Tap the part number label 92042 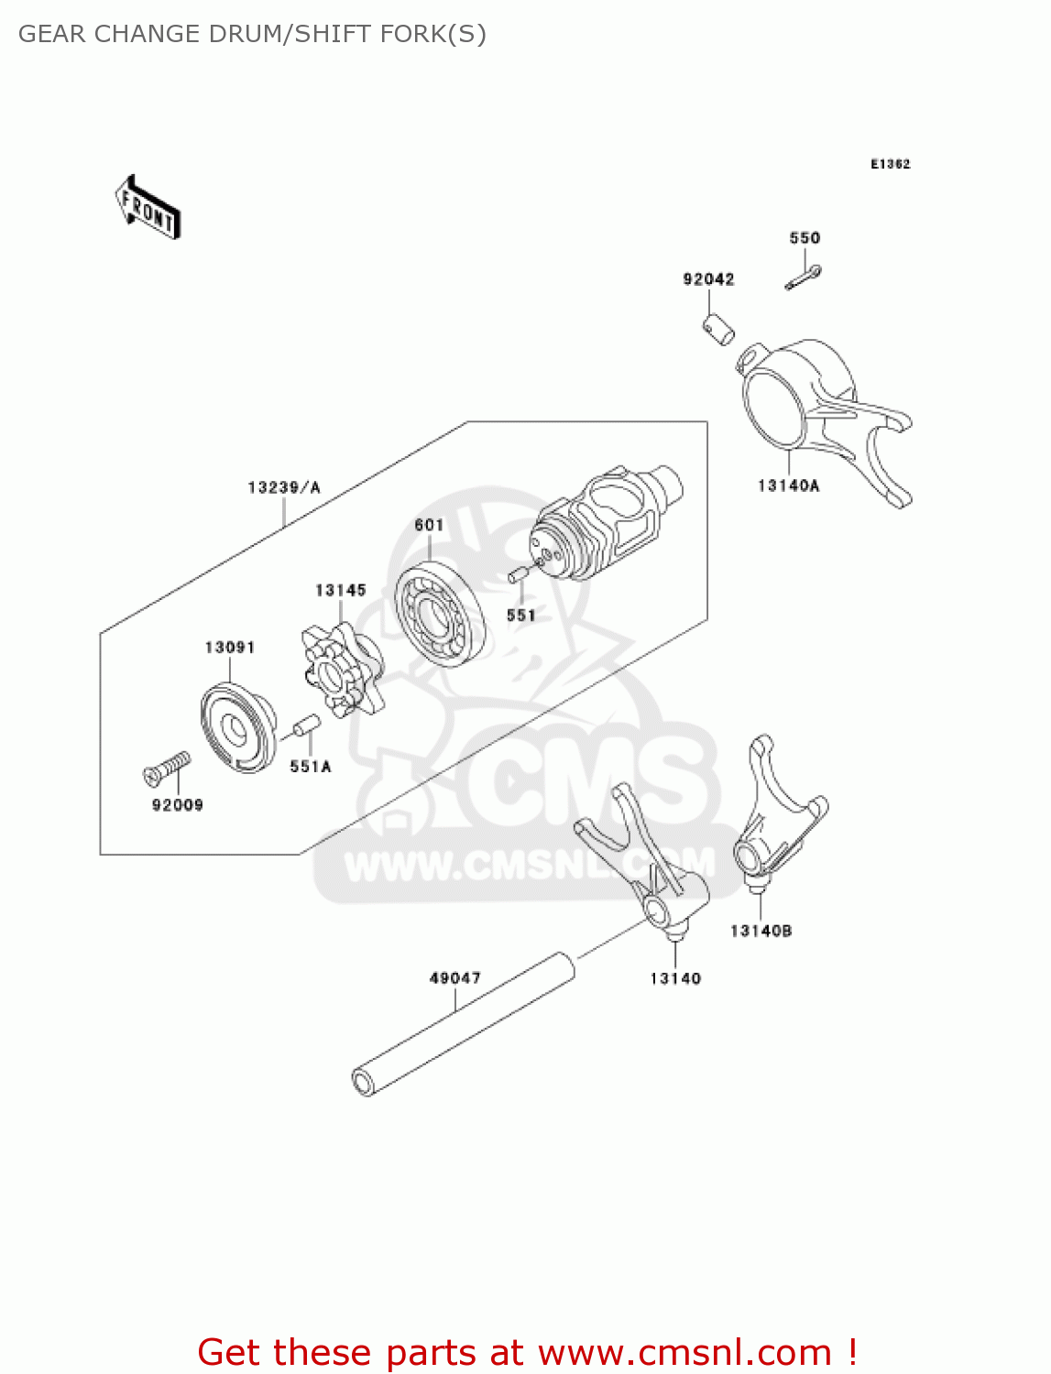point(708,279)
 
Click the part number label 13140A point(788,485)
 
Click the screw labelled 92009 point(168,767)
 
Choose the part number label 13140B point(761,931)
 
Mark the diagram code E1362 point(890,164)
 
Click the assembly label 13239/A point(284,487)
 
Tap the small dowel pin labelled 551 point(517,575)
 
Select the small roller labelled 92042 point(718,329)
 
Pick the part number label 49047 point(455,978)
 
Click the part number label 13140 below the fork point(675,978)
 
